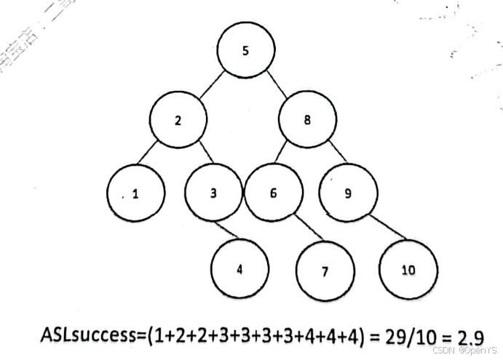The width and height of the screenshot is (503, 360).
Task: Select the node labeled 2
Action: coord(179,121)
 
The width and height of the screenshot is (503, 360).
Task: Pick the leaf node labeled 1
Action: coord(135,194)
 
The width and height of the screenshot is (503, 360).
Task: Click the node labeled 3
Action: coord(213,193)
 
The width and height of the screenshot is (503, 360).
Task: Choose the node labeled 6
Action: coord(273,193)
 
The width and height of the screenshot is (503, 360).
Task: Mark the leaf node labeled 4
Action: coord(239,268)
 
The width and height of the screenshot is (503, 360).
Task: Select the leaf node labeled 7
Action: coord(325,271)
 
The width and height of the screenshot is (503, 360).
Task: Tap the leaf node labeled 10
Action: coord(408,270)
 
